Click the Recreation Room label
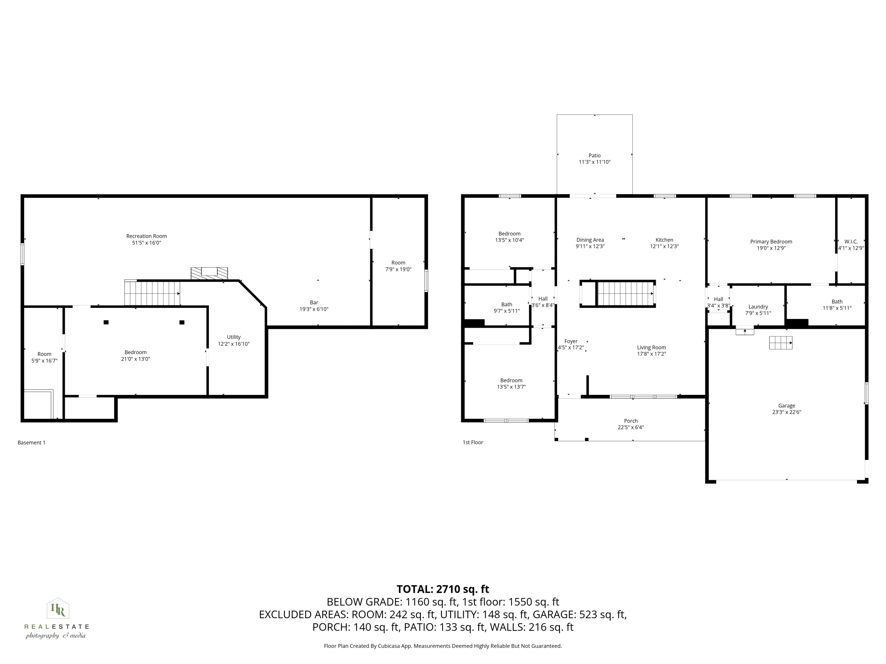point(146,236)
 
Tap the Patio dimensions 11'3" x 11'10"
point(595,162)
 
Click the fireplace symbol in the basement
point(209,273)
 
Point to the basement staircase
point(152,293)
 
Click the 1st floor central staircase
point(625,293)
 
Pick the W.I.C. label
point(851,241)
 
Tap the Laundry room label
point(758,307)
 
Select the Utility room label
point(234,337)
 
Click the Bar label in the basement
point(314,302)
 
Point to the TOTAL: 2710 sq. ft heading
point(443,589)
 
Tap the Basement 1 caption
point(31,442)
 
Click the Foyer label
point(571,341)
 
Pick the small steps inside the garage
point(780,343)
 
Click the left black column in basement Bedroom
point(106,322)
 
